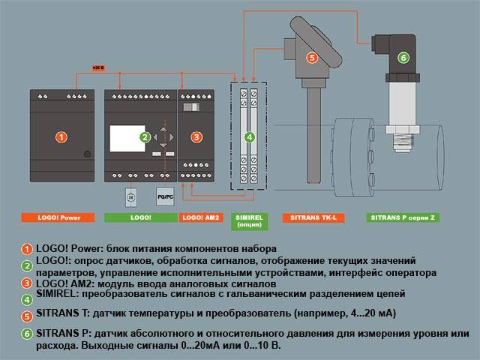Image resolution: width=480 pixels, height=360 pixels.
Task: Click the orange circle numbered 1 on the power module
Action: pyautogui.click(x=62, y=136)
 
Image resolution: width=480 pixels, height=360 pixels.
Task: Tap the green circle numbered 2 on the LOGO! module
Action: pyautogui.click(x=145, y=136)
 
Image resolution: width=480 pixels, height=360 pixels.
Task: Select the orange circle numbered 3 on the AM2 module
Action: pyautogui.click(x=196, y=136)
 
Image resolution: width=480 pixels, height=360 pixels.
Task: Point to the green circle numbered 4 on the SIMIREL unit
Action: pyautogui.click(x=250, y=136)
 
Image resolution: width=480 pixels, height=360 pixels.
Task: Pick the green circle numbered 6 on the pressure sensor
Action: pyautogui.click(x=403, y=57)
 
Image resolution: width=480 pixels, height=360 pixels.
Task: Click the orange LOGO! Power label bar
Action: pyautogui.click(x=62, y=217)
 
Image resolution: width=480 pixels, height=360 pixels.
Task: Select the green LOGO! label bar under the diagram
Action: pyautogui.click(x=139, y=217)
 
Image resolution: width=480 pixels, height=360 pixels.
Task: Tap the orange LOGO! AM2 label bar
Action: pyautogui.click(x=200, y=217)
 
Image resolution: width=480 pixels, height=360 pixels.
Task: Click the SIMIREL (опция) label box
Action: pyautogui.click(x=249, y=220)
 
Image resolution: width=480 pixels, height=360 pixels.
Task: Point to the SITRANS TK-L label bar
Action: pyautogui.click(x=313, y=217)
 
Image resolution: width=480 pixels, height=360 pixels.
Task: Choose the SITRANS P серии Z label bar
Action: pyautogui.click(x=403, y=217)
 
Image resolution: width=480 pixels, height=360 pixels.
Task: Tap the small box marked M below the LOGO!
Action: pyautogui.click(x=130, y=196)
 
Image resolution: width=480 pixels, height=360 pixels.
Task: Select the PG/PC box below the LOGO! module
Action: pyautogui.click(x=164, y=196)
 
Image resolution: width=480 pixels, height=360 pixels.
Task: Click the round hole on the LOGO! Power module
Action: pyautogui.click(x=88, y=154)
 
